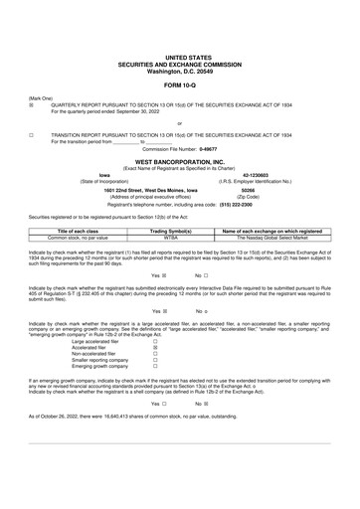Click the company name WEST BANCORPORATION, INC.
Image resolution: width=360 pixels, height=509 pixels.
click(x=180, y=159)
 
